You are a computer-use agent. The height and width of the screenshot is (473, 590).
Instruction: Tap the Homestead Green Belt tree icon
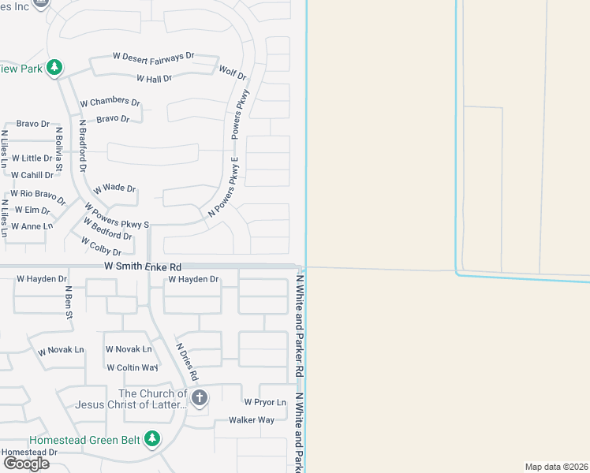[x=152, y=438]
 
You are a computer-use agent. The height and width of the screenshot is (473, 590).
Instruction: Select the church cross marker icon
[x=200, y=397]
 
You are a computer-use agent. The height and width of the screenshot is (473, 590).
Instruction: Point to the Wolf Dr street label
[x=233, y=73]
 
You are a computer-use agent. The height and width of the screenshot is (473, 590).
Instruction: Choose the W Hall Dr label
[x=154, y=79]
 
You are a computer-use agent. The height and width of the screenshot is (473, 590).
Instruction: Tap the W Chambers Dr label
[x=110, y=102]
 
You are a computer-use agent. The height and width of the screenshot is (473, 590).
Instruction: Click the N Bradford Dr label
[x=81, y=146]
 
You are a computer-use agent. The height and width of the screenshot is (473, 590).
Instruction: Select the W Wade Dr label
[x=114, y=189]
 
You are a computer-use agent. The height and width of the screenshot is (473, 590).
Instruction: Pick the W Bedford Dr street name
[x=107, y=231]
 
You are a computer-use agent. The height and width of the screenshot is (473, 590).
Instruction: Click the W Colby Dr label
[x=102, y=248]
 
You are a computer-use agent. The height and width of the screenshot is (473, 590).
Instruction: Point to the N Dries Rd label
[x=187, y=362]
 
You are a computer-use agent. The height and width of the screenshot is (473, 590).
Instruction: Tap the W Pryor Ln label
[x=264, y=402]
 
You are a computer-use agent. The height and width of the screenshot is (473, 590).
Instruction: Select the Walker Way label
[x=252, y=419]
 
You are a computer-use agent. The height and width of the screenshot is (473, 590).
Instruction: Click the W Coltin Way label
[x=132, y=367]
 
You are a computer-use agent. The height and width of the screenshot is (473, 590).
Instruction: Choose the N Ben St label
[x=69, y=303]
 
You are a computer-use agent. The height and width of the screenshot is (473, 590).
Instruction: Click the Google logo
[x=25, y=463]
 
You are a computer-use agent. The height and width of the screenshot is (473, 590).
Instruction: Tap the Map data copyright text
[x=557, y=467]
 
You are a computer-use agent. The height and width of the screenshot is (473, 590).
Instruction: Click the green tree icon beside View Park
[x=54, y=68]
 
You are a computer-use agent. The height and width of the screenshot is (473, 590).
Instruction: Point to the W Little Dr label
[x=32, y=158]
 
